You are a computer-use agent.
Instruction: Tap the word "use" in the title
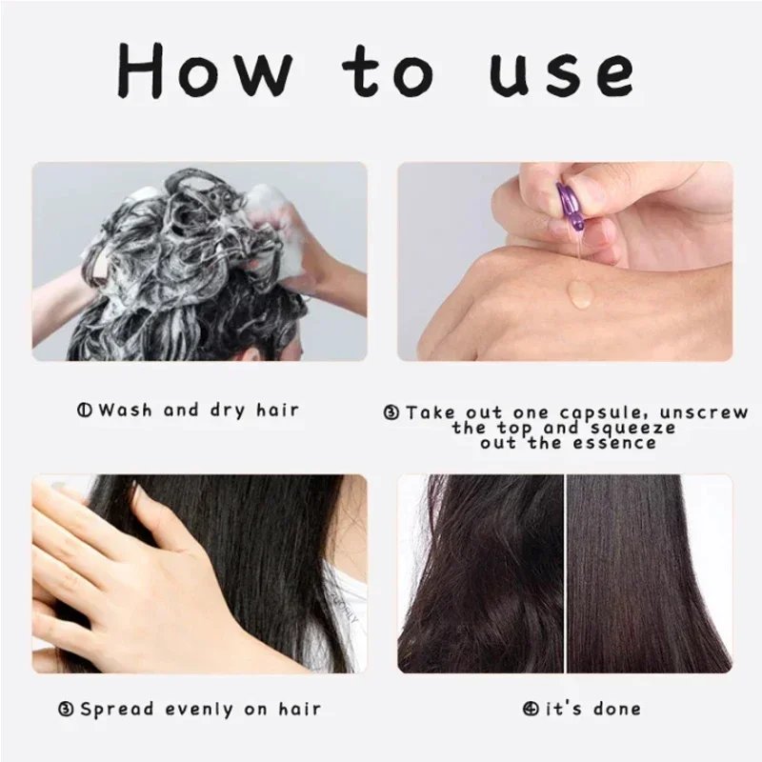[x=561, y=70]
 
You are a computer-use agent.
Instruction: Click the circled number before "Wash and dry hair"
[x=84, y=411]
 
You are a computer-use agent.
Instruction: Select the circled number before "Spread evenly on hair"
[x=67, y=709]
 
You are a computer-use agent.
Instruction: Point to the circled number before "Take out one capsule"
[x=391, y=412]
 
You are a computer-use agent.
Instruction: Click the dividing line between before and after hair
[x=566, y=571]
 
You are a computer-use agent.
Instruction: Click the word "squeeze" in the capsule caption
[x=639, y=428]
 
